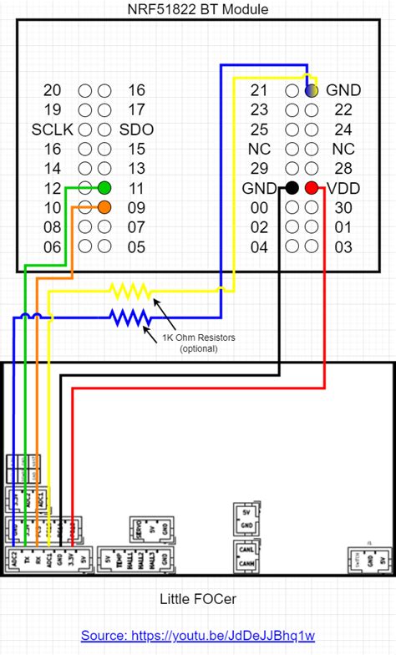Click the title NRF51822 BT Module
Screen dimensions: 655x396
(x=198, y=9)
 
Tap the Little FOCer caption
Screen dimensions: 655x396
(x=198, y=599)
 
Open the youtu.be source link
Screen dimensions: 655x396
(x=198, y=636)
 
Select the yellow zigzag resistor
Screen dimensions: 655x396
(x=129, y=292)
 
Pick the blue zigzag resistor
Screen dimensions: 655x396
(x=129, y=317)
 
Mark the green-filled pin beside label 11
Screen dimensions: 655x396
(x=104, y=188)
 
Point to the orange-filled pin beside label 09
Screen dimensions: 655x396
(x=104, y=207)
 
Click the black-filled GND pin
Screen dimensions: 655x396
(x=292, y=188)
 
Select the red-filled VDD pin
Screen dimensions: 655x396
(x=311, y=188)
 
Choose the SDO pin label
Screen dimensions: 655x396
(x=136, y=129)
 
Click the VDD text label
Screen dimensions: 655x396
(x=343, y=189)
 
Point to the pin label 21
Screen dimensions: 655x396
(x=259, y=90)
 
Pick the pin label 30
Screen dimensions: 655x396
(x=343, y=208)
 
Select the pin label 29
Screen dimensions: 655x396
(x=259, y=169)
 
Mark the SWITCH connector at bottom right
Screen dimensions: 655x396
(x=368, y=559)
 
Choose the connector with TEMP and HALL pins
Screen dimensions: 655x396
(x=137, y=558)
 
